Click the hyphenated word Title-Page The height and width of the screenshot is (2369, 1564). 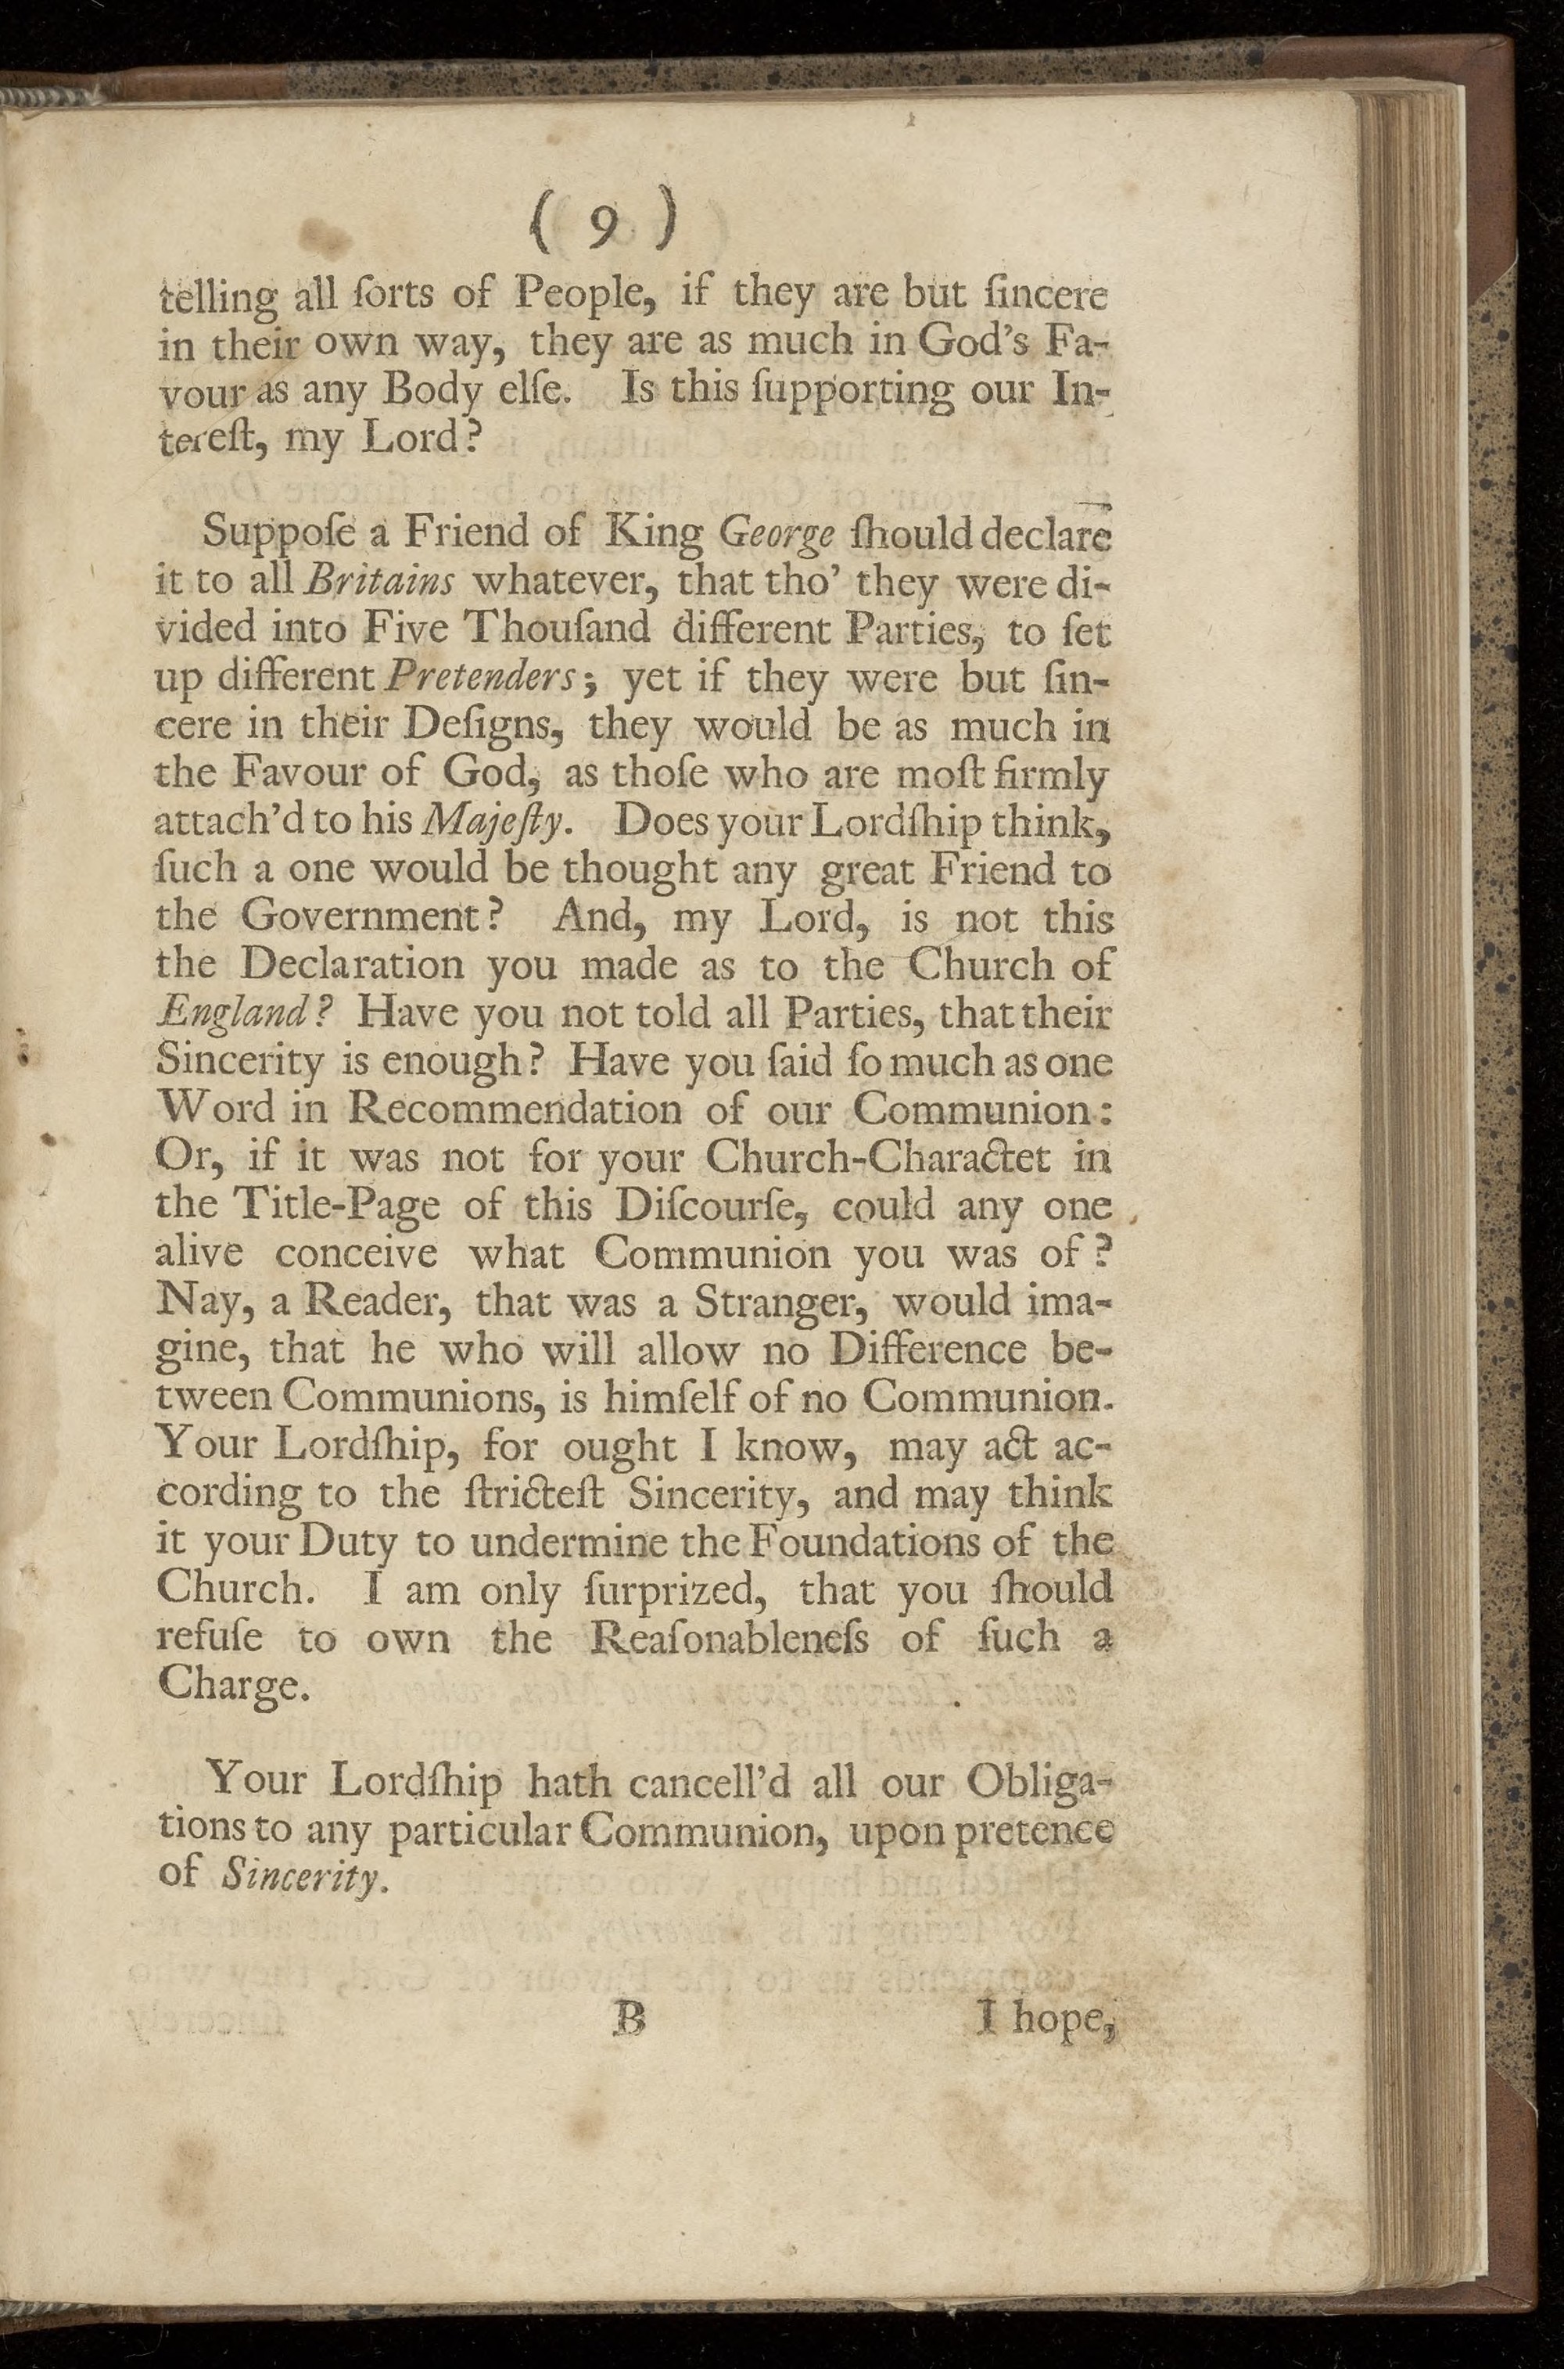(x=325, y=1206)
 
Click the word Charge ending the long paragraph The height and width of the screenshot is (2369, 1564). (x=227, y=1686)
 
